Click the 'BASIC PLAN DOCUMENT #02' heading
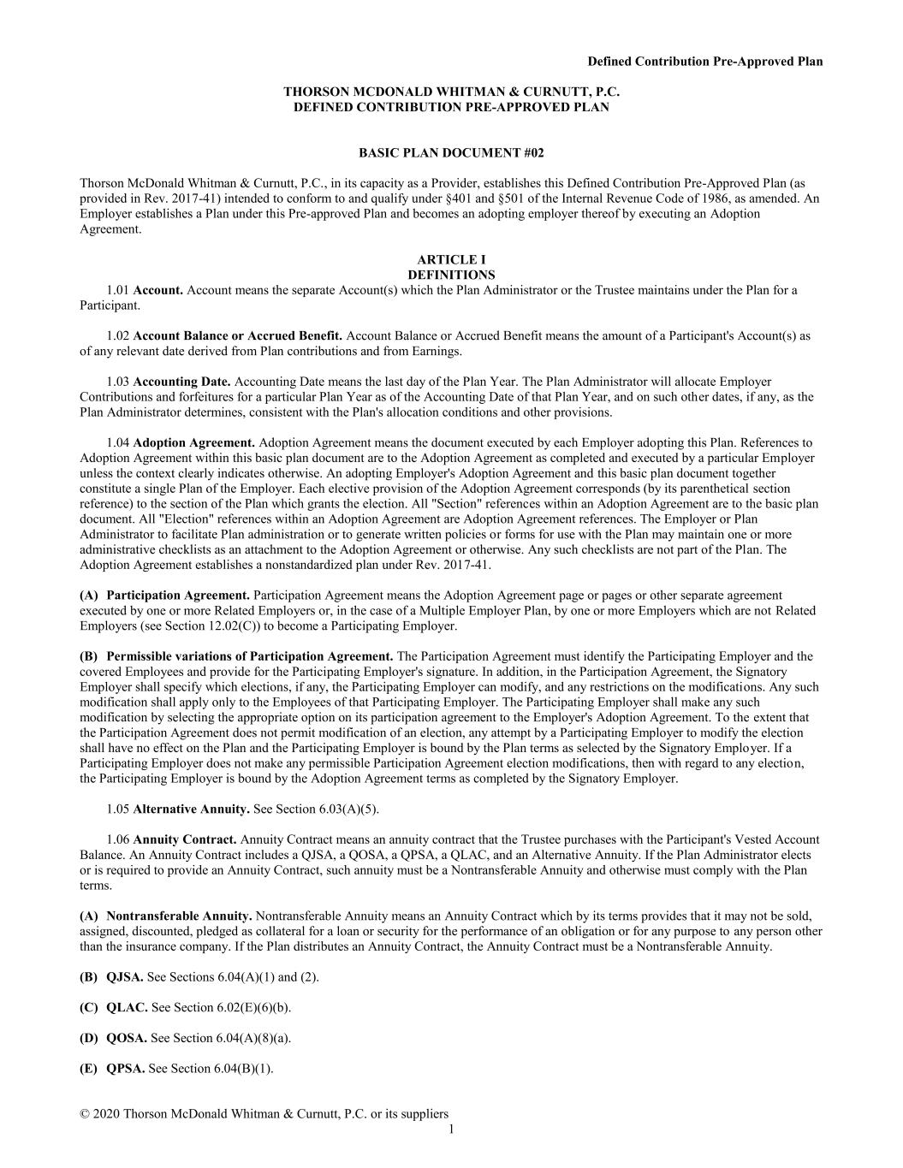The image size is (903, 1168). tap(451, 153)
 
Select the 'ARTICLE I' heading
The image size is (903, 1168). tap(451, 259)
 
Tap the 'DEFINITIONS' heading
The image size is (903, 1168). tap(451, 275)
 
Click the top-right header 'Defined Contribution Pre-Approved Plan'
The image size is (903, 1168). tap(704, 61)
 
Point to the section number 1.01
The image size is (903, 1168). tap(118, 290)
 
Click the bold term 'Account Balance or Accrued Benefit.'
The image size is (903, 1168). tap(238, 335)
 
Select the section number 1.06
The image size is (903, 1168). tap(118, 839)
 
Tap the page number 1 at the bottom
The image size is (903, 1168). tap(451, 1129)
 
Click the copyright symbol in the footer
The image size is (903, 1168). tap(85, 1114)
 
